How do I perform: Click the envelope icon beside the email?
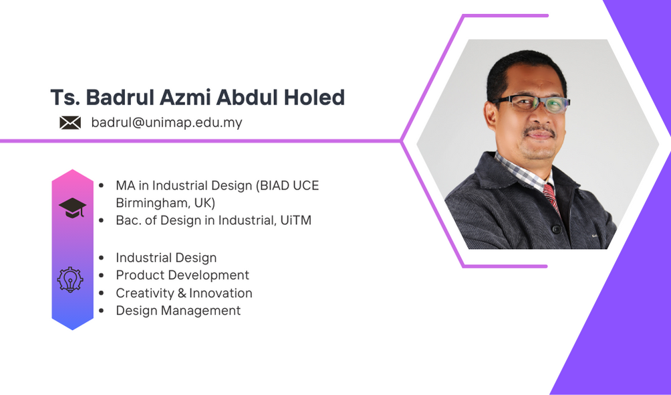tap(70, 123)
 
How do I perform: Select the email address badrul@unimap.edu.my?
tap(167, 123)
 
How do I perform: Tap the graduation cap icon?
tap(72, 208)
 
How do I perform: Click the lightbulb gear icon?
tap(70, 280)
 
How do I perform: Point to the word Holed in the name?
tap(314, 97)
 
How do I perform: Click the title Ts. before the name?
tap(65, 97)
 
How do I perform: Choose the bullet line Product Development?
tap(182, 275)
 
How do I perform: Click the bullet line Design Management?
tap(178, 311)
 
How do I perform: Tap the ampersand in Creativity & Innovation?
tap(182, 293)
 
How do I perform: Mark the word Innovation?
tap(221, 293)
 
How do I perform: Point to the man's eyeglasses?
tap(531, 103)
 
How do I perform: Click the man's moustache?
tap(539, 130)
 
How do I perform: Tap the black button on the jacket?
tap(556, 230)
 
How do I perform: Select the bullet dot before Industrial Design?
tap(102, 258)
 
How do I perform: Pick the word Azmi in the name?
tap(186, 97)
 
